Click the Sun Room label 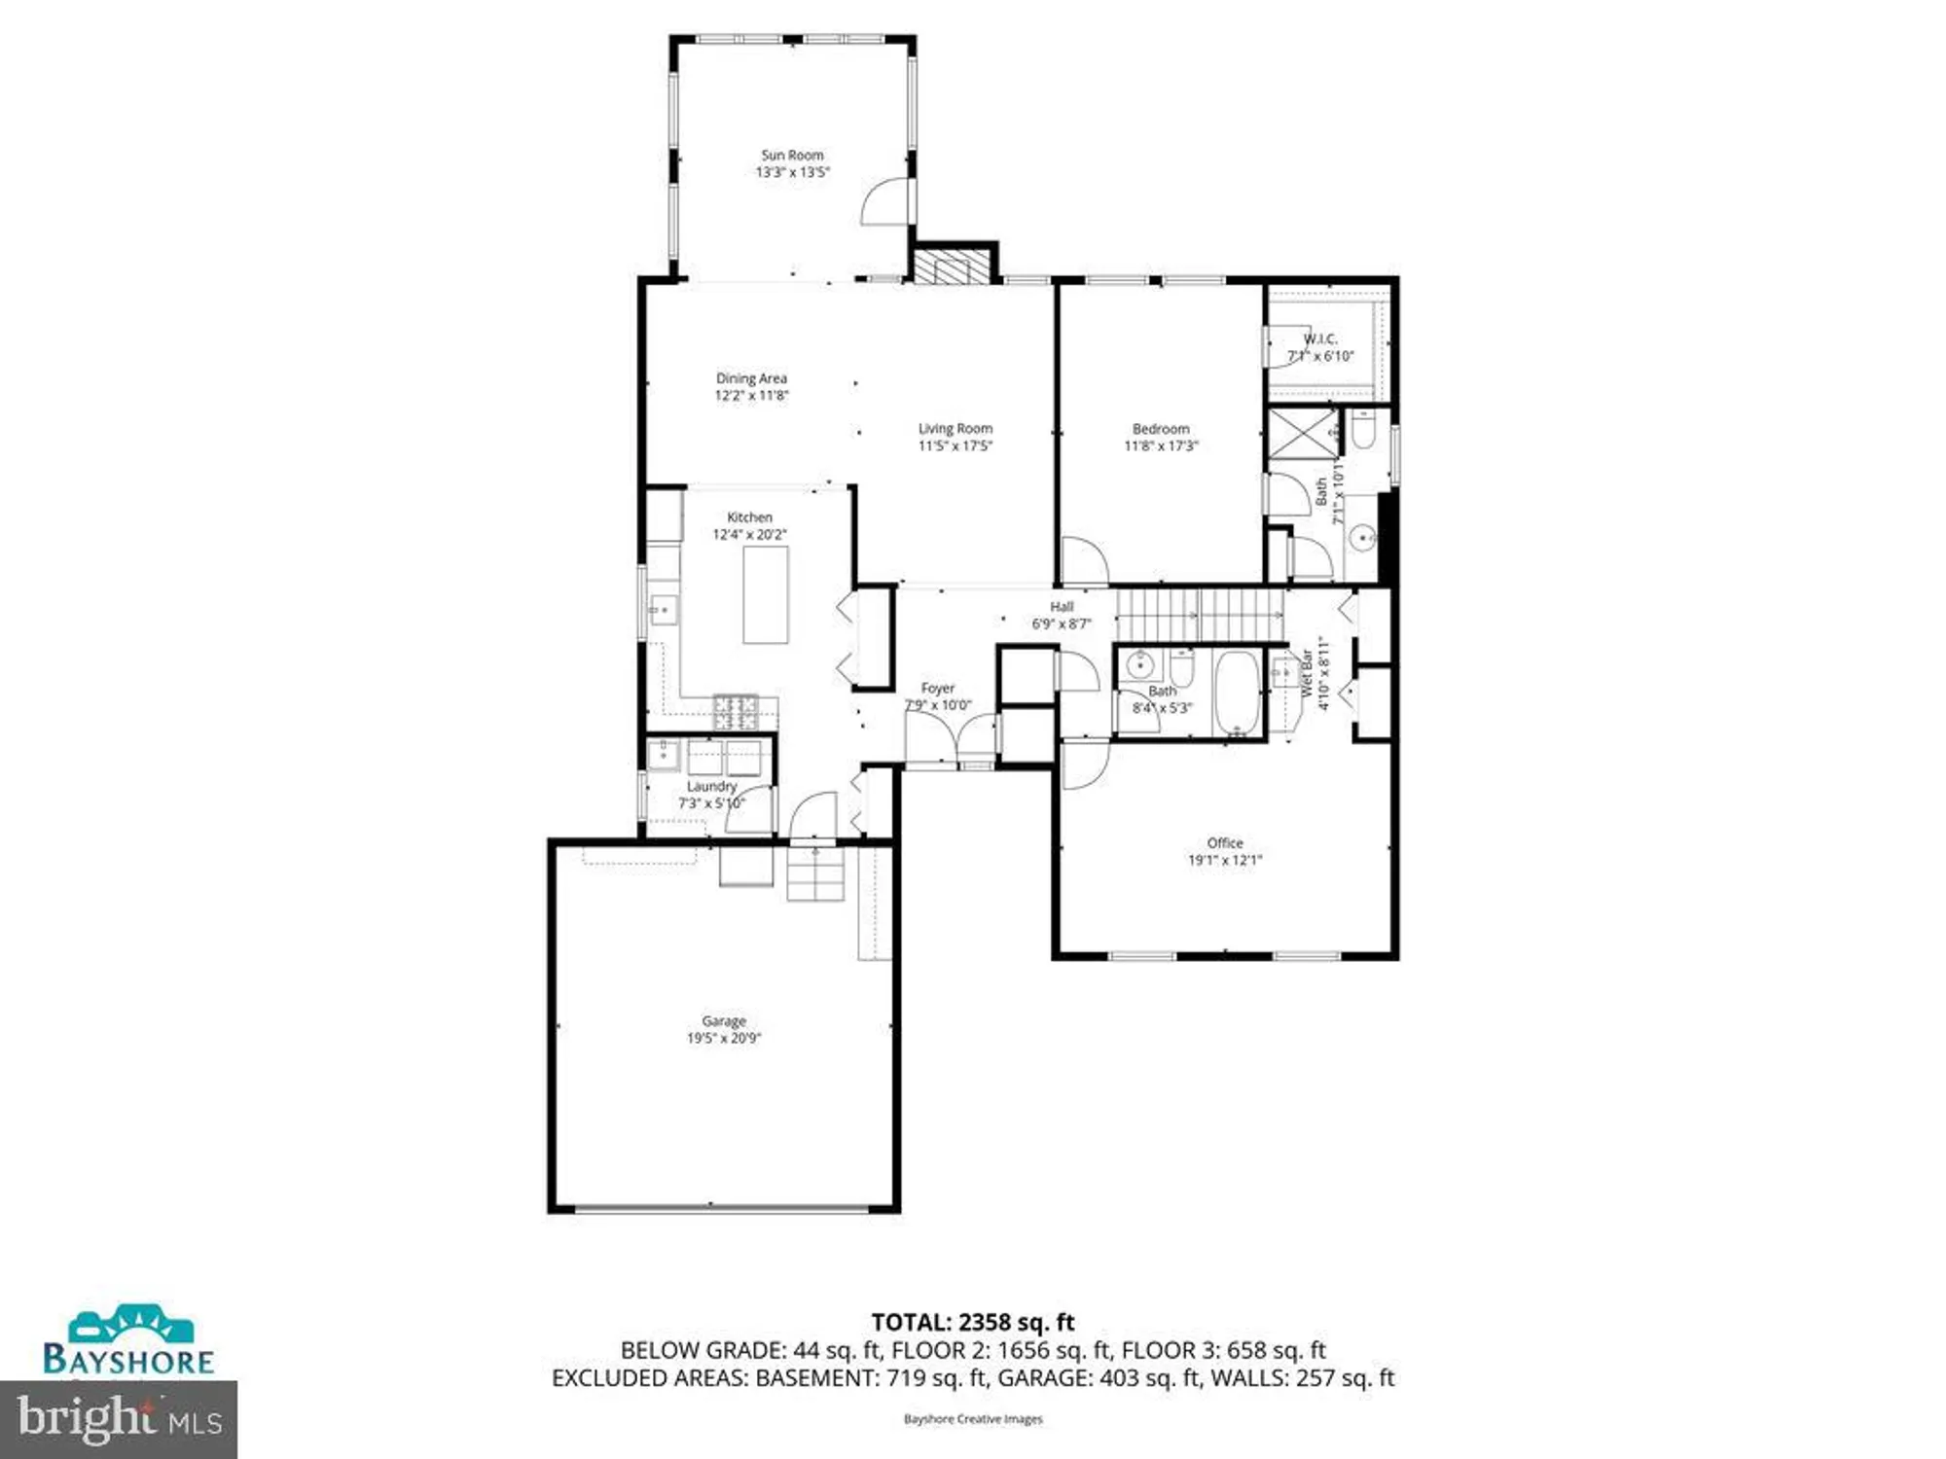pos(792,155)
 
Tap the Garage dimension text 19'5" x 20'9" pos(724,1038)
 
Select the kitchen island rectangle pos(766,594)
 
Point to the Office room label pos(1225,842)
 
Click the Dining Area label pos(751,378)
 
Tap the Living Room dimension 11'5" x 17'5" pos(955,445)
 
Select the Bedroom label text pos(1161,428)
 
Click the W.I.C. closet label pos(1320,338)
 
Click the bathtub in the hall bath pos(1237,694)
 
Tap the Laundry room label pos(712,786)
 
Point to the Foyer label pos(938,688)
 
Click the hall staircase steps pos(1199,615)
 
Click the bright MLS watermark pos(119,1419)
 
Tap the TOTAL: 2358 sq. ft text pos(973,1322)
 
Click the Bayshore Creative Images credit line pos(973,1419)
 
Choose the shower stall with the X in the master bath pos(1303,433)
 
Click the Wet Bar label pos(1307,673)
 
